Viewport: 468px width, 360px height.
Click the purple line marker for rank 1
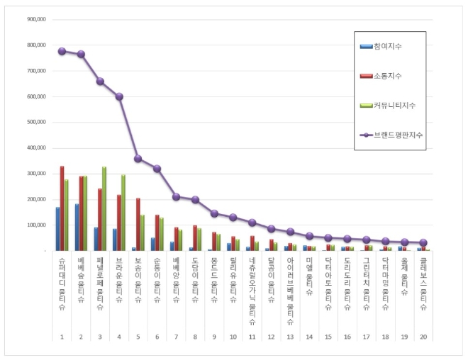[62, 51]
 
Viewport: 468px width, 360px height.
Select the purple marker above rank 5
[138, 159]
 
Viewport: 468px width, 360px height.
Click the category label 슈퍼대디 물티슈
[62, 283]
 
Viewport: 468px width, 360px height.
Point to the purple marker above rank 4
[119, 96]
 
